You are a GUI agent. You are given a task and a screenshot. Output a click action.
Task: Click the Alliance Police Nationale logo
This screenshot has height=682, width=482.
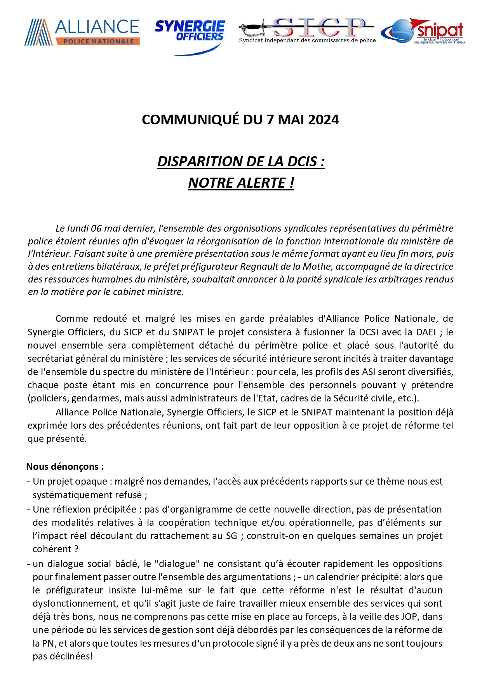[x=82, y=32]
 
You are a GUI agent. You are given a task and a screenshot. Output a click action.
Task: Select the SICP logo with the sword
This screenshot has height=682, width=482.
[x=307, y=30]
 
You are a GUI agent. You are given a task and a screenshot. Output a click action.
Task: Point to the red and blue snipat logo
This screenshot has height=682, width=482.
[x=423, y=31]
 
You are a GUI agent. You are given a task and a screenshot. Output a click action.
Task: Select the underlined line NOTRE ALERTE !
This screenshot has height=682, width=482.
[x=241, y=183]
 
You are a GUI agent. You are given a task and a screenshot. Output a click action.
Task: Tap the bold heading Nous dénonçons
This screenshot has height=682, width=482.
[x=65, y=467]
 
